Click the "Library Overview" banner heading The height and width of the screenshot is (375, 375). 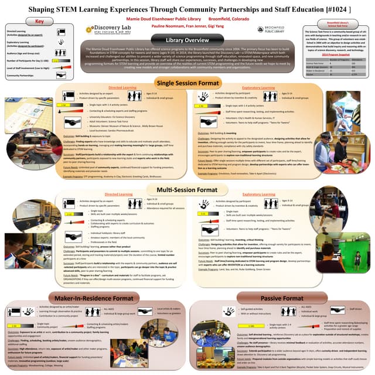pos(187,40)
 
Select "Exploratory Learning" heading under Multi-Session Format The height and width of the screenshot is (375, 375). pos(259,193)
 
